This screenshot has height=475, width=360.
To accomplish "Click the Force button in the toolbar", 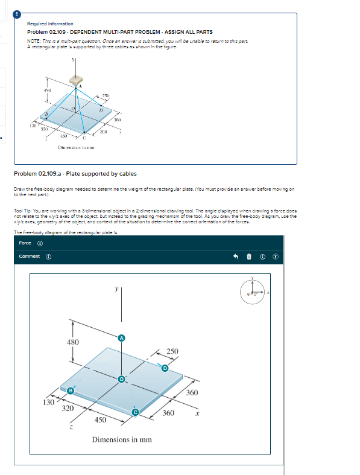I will (25, 244).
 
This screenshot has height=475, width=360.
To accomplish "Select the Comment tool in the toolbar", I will (30, 257).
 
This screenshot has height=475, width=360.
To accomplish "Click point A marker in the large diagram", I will (122, 338).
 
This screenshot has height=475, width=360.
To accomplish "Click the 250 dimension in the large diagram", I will (172, 352).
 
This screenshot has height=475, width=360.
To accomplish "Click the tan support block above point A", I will (75, 79).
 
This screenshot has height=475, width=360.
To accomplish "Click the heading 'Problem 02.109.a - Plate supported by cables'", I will (75, 174).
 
